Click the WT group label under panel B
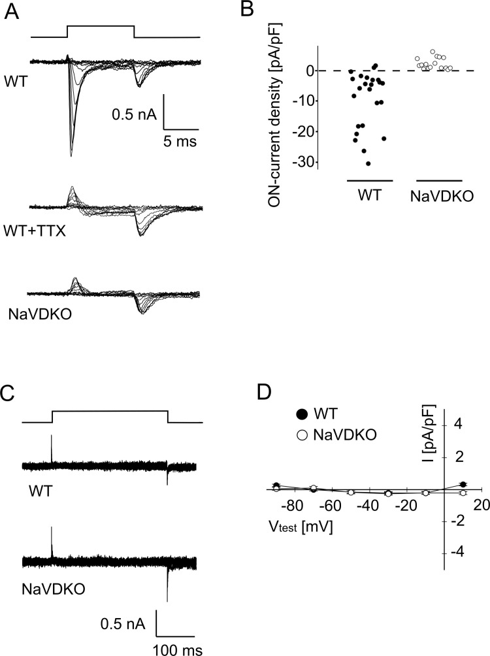pos(370,194)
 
